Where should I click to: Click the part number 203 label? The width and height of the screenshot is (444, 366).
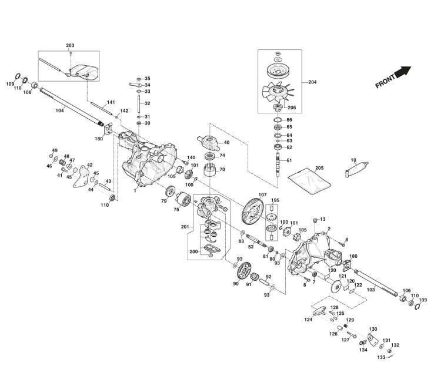[70, 45]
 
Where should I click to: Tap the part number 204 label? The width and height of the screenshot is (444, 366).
[312, 82]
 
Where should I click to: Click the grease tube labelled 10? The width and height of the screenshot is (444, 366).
[356, 170]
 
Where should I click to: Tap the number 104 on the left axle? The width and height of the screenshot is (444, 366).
[59, 110]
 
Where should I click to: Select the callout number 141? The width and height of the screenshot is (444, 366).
[110, 103]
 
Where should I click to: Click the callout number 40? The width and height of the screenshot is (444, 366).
[226, 143]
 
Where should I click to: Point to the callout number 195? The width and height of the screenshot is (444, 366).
[275, 201]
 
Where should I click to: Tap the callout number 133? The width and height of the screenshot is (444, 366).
[381, 357]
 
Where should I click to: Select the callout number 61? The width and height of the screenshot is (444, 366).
[289, 160]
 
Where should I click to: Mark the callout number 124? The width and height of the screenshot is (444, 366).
[308, 320]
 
